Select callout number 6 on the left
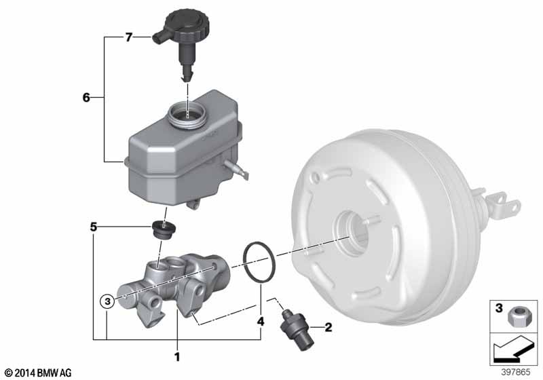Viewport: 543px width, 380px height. coord(86,98)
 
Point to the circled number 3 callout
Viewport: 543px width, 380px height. coord(106,299)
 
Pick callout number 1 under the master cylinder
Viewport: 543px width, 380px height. coord(177,355)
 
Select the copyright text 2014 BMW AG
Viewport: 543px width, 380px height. coord(38,373)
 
